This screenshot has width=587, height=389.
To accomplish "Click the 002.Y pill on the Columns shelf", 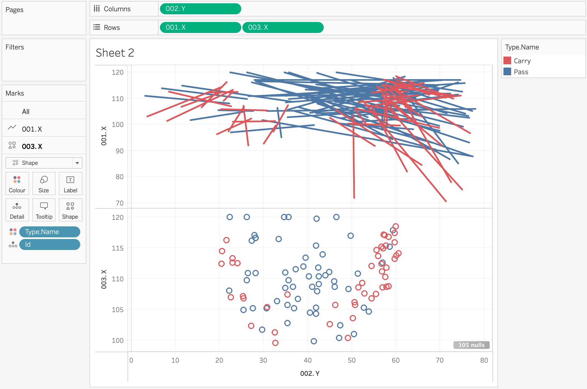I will click(x=200, y=9).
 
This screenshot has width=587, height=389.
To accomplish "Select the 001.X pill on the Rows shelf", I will click(x=200, y=27).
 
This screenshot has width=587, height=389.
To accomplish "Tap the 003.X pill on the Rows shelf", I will click(x=283, y=27).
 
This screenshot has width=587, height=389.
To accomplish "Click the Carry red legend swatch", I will click(x=507, y=61).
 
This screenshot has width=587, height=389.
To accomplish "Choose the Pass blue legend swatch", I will click(x=507, y=72).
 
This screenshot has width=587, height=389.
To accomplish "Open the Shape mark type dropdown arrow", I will click(x=77, y=163).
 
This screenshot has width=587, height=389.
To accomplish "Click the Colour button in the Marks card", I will click(x=17, y=184).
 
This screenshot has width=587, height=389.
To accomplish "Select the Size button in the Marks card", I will click(x=44, y=184).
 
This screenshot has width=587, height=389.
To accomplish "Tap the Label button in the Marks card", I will click(x=70, y=184).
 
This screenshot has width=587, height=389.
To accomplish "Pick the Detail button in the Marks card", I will click(x=17, y=210).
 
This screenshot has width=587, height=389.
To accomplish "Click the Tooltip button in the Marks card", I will click(x=44, y=210).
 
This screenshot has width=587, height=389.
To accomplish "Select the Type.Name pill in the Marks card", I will click(x=50, y=232).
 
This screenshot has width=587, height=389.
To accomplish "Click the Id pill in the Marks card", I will click(x=50, y=244).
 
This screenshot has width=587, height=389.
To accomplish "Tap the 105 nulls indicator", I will click(x=471, y=345).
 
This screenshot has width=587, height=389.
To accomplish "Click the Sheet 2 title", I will click(x=115, y=53).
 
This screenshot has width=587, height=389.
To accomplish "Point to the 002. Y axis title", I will click(x=310, y=373).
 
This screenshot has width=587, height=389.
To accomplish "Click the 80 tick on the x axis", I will click(x=484, y=360).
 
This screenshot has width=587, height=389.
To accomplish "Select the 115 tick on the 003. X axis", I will click(x=118, y=248).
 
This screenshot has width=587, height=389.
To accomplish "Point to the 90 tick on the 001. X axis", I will click(x=119, y=151).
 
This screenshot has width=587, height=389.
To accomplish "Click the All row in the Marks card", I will click(x=26, y=112).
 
